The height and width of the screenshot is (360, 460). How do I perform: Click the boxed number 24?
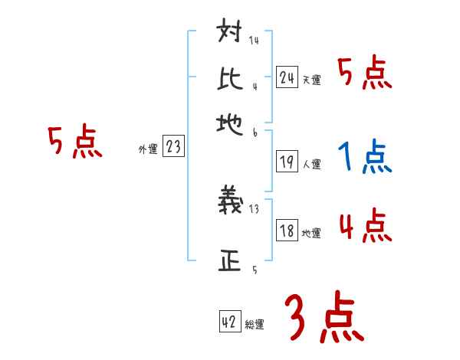[287, 77]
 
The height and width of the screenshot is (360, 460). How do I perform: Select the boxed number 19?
[287, 161]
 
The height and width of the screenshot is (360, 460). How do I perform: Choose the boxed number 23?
[173, 147]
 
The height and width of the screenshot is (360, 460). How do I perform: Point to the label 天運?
[311, 80]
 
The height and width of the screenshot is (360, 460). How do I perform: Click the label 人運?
[311, 164]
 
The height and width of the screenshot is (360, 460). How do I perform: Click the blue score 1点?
[364, 158]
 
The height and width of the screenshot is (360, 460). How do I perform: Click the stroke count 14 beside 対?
[253, 41]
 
